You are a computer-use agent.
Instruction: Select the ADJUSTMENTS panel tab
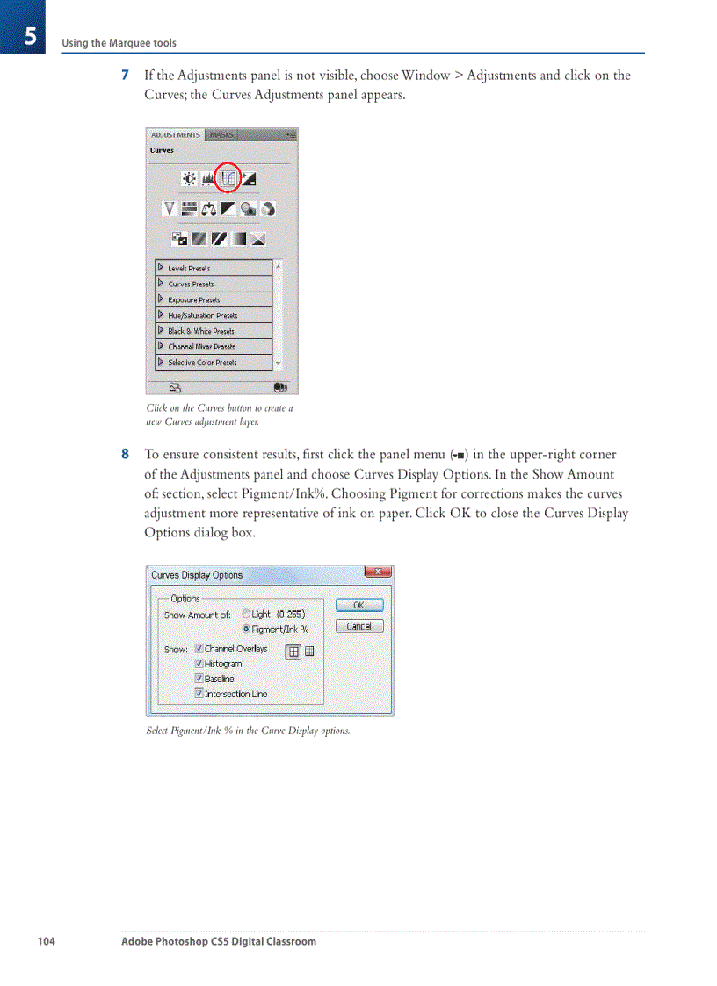point(175,135)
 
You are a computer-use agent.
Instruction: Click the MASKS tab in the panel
point(221,135)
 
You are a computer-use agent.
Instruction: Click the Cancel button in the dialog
point(358,626)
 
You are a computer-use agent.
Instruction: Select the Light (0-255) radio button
point(246,615)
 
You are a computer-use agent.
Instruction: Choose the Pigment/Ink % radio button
point(246,630)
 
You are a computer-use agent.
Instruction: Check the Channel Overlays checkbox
point(199,649)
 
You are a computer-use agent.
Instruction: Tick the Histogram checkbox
point(199,664)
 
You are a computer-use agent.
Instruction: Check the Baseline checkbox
point(199,679)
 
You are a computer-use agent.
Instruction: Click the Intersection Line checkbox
point(199,694)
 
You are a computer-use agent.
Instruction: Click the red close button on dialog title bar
point(377,572)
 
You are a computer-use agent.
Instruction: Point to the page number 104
point(46,941)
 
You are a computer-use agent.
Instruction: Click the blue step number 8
point(125,455)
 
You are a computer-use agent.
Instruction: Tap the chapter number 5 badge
point(29,37)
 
